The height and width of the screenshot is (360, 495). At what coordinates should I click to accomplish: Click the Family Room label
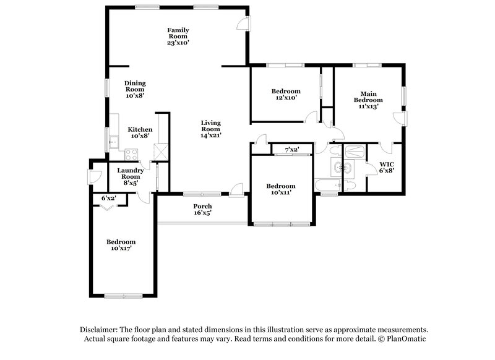178,36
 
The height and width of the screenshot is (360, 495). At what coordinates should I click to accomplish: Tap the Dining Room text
134,89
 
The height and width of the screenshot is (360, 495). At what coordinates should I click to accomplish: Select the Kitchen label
140,132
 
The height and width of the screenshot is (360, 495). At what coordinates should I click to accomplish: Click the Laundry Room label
131,176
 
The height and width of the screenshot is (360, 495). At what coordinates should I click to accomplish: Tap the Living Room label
211,129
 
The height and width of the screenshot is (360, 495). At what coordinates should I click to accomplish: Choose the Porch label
202,210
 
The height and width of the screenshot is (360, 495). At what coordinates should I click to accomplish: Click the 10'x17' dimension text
121,248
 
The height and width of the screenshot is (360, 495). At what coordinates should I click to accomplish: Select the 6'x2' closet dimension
110,198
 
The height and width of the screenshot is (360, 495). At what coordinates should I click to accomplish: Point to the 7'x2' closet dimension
291,149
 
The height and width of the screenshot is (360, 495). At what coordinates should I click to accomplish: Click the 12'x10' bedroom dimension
286,98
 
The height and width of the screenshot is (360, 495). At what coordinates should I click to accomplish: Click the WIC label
387,168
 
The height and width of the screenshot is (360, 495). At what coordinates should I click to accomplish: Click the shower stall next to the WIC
353,151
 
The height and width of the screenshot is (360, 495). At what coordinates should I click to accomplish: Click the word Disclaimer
101,330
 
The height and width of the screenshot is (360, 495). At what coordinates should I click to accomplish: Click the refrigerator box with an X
161,151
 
